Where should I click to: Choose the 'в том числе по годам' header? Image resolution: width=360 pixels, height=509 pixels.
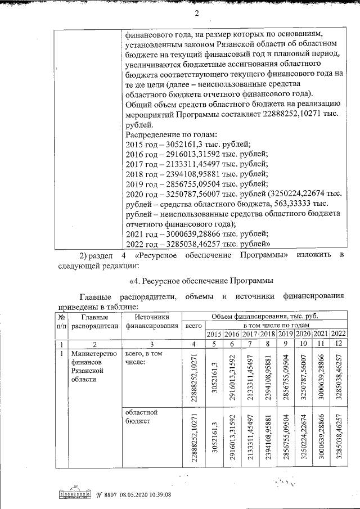276,326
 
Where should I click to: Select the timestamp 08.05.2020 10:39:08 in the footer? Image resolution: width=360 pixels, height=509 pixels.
144,494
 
